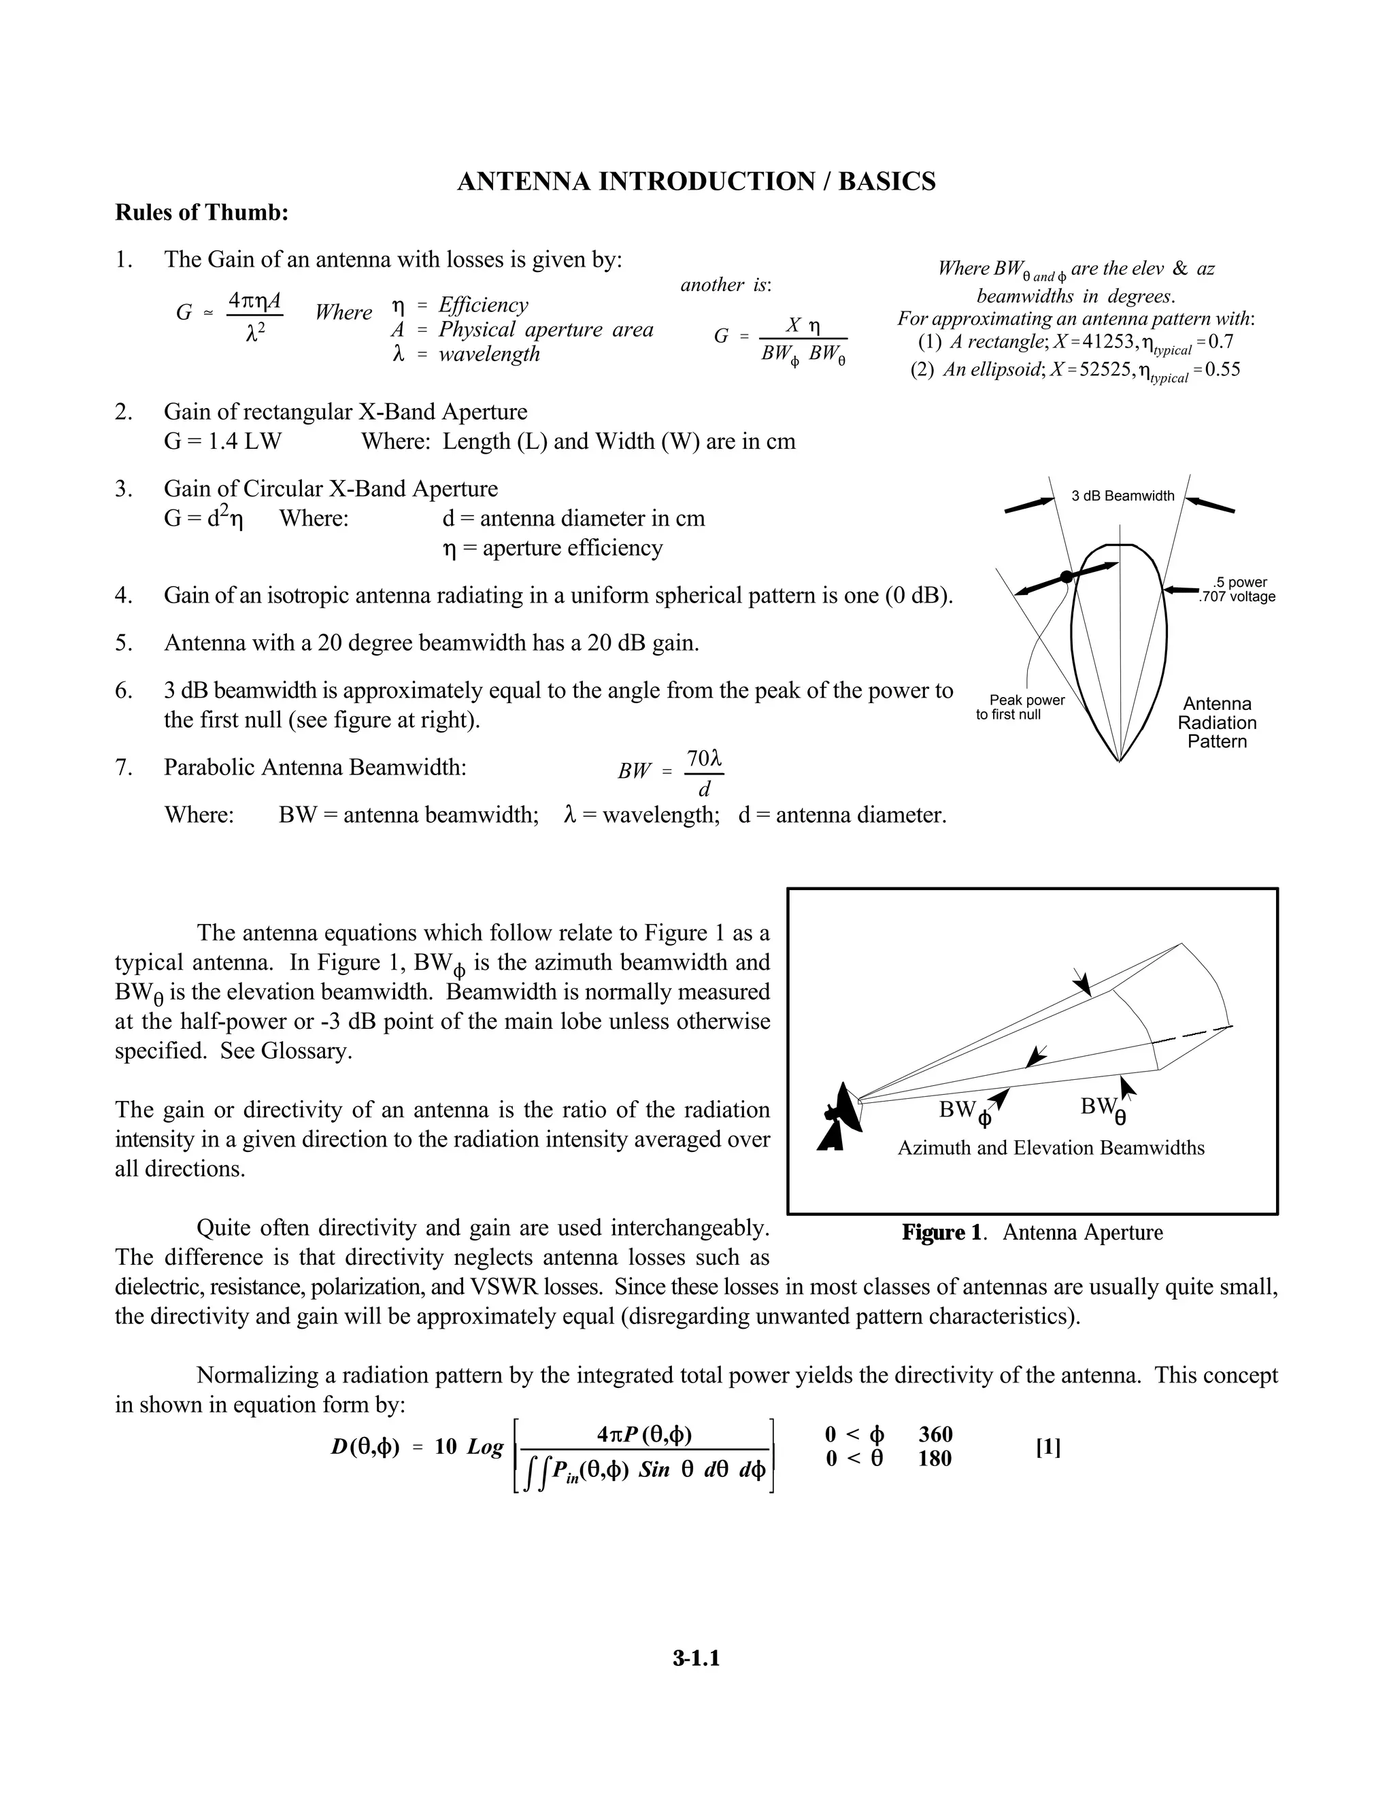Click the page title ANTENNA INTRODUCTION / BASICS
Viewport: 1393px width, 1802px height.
tap(696, 182)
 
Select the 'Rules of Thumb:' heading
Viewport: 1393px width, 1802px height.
tap(201, 213)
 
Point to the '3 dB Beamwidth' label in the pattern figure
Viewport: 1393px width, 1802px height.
tap(1122, 496)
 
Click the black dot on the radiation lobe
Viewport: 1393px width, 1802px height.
tap(1067, 577)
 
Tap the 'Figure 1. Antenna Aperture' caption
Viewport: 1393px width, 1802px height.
tap(1032, 1233)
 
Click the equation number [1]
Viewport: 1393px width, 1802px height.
tap(1047, 1448)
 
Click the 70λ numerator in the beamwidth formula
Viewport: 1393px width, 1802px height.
tap(704, 758)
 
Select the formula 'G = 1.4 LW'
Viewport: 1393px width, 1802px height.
tap(223, 441)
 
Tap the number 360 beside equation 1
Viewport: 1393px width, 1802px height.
tap(935, 1434)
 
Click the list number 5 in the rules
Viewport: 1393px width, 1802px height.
tap(123, 643)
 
